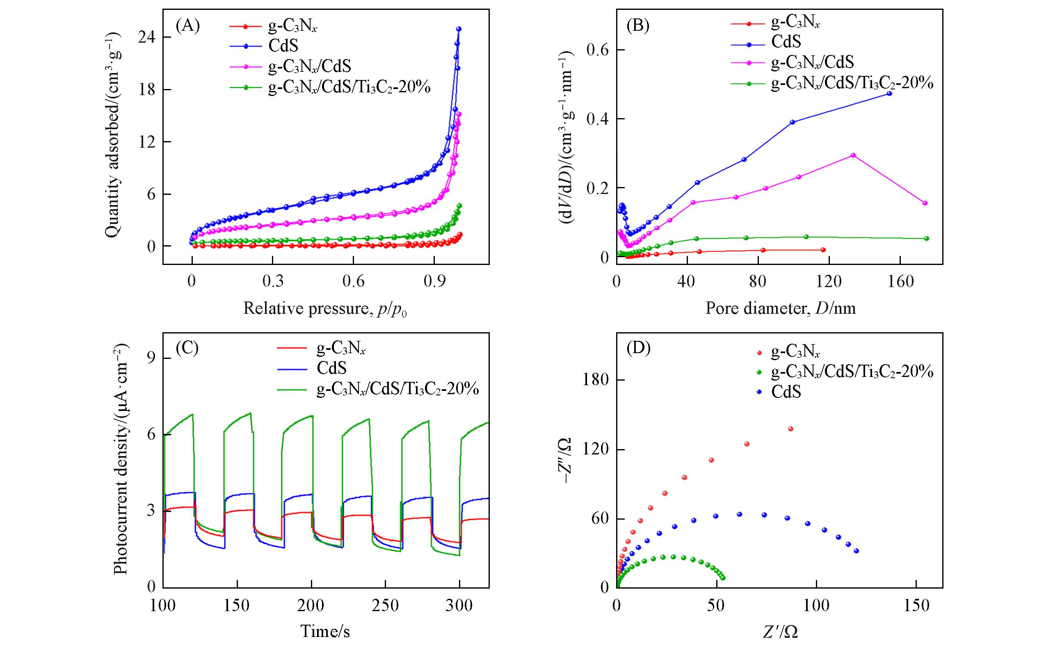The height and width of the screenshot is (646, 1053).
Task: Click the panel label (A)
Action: (187, 27)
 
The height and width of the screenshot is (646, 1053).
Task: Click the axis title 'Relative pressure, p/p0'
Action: (325, 308)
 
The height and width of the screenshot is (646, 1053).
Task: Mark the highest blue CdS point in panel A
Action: (459, 29)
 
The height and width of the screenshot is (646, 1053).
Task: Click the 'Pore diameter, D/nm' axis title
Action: (780, 308)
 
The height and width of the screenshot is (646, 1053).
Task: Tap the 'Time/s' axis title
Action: (325, 631)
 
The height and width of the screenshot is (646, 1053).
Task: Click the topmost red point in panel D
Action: (790, 429)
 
